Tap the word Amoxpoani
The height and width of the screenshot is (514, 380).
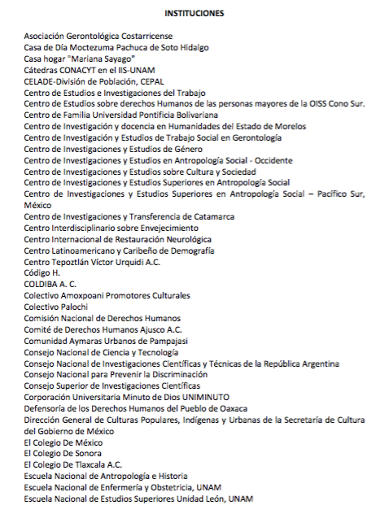point(85,295)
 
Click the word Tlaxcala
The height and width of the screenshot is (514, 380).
point(90,464)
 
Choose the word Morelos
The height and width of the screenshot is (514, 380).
point(288,127)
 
